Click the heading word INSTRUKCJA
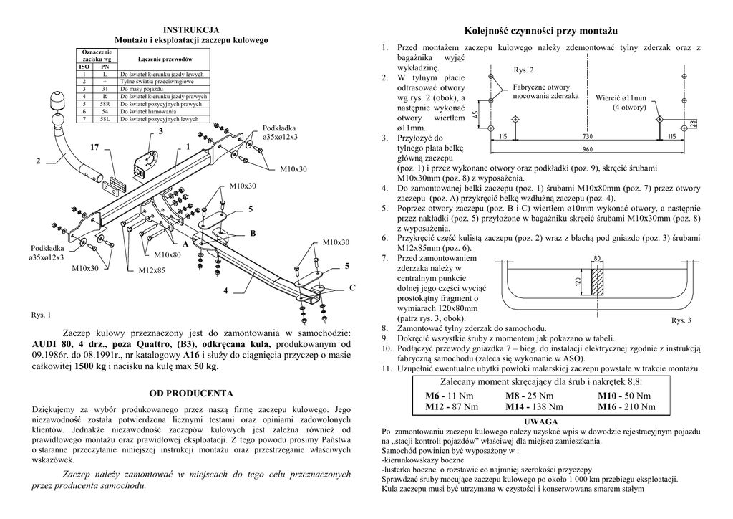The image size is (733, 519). [191, 30]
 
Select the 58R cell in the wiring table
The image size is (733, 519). [105, 104]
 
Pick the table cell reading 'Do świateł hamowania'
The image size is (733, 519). [148, 112]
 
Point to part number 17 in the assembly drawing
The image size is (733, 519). [94, 147]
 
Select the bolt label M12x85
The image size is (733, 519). [152, 270]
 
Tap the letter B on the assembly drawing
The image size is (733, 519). [253, 234]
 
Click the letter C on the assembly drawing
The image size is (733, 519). [352, 287]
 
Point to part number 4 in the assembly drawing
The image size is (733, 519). [225, 291]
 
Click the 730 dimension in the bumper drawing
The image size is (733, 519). [588, 136]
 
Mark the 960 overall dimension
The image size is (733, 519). [588, 149]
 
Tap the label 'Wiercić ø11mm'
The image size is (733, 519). [621, 98]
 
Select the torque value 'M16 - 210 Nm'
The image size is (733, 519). [626, 406]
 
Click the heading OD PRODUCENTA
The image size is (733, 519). [191, 394]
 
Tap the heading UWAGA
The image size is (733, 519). [540, 422]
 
